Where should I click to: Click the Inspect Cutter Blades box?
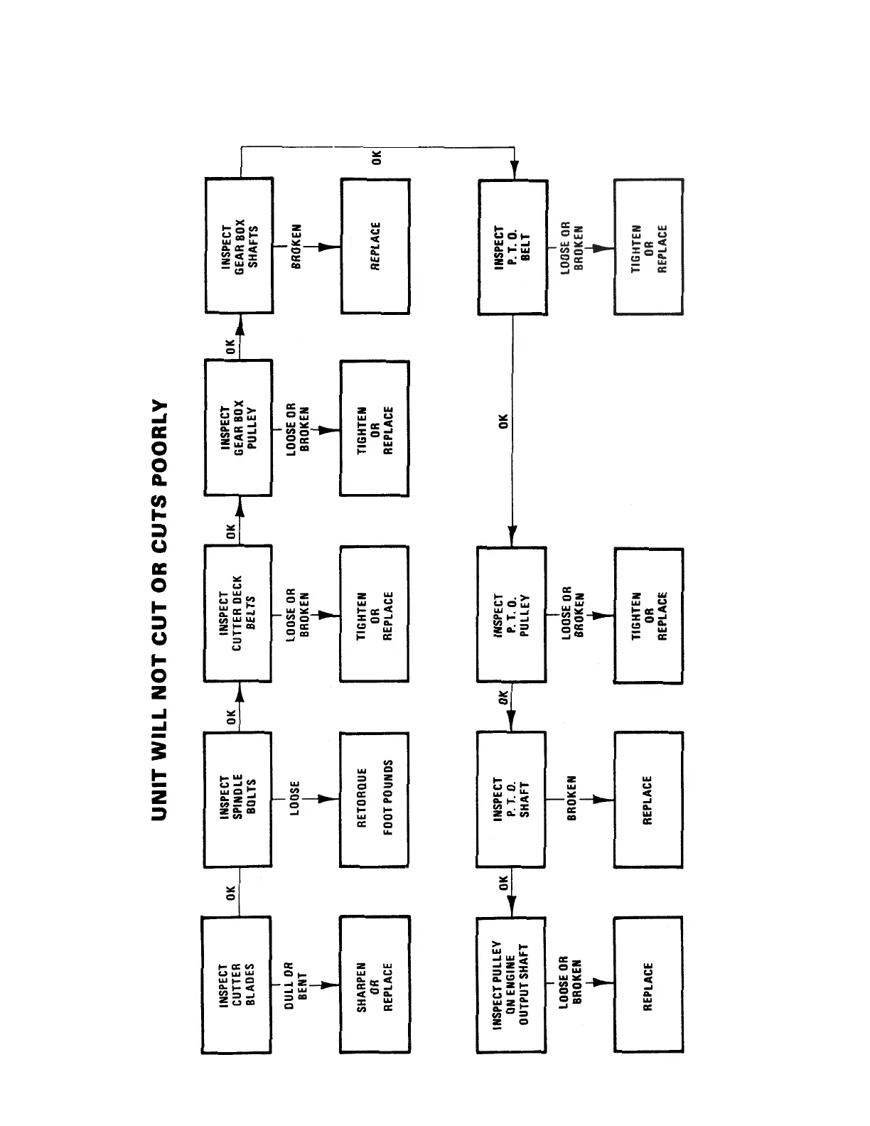[237, 985]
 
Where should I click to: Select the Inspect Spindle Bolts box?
[237, 799]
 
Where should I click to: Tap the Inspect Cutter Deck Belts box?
[237, 613]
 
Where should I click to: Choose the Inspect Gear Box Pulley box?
[238, 427]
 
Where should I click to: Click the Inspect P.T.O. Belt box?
[512, 247]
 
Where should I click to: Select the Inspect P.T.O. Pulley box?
[512, 615]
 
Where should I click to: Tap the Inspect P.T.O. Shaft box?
[512, 799]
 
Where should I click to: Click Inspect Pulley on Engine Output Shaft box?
[512, 985]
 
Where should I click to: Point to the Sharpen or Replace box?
[375, 985]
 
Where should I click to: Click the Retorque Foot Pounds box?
[375, 799]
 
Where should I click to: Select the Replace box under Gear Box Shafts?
[375, 246]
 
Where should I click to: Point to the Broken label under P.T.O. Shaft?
[571, 799]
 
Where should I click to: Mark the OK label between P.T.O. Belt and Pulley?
[504, 421]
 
